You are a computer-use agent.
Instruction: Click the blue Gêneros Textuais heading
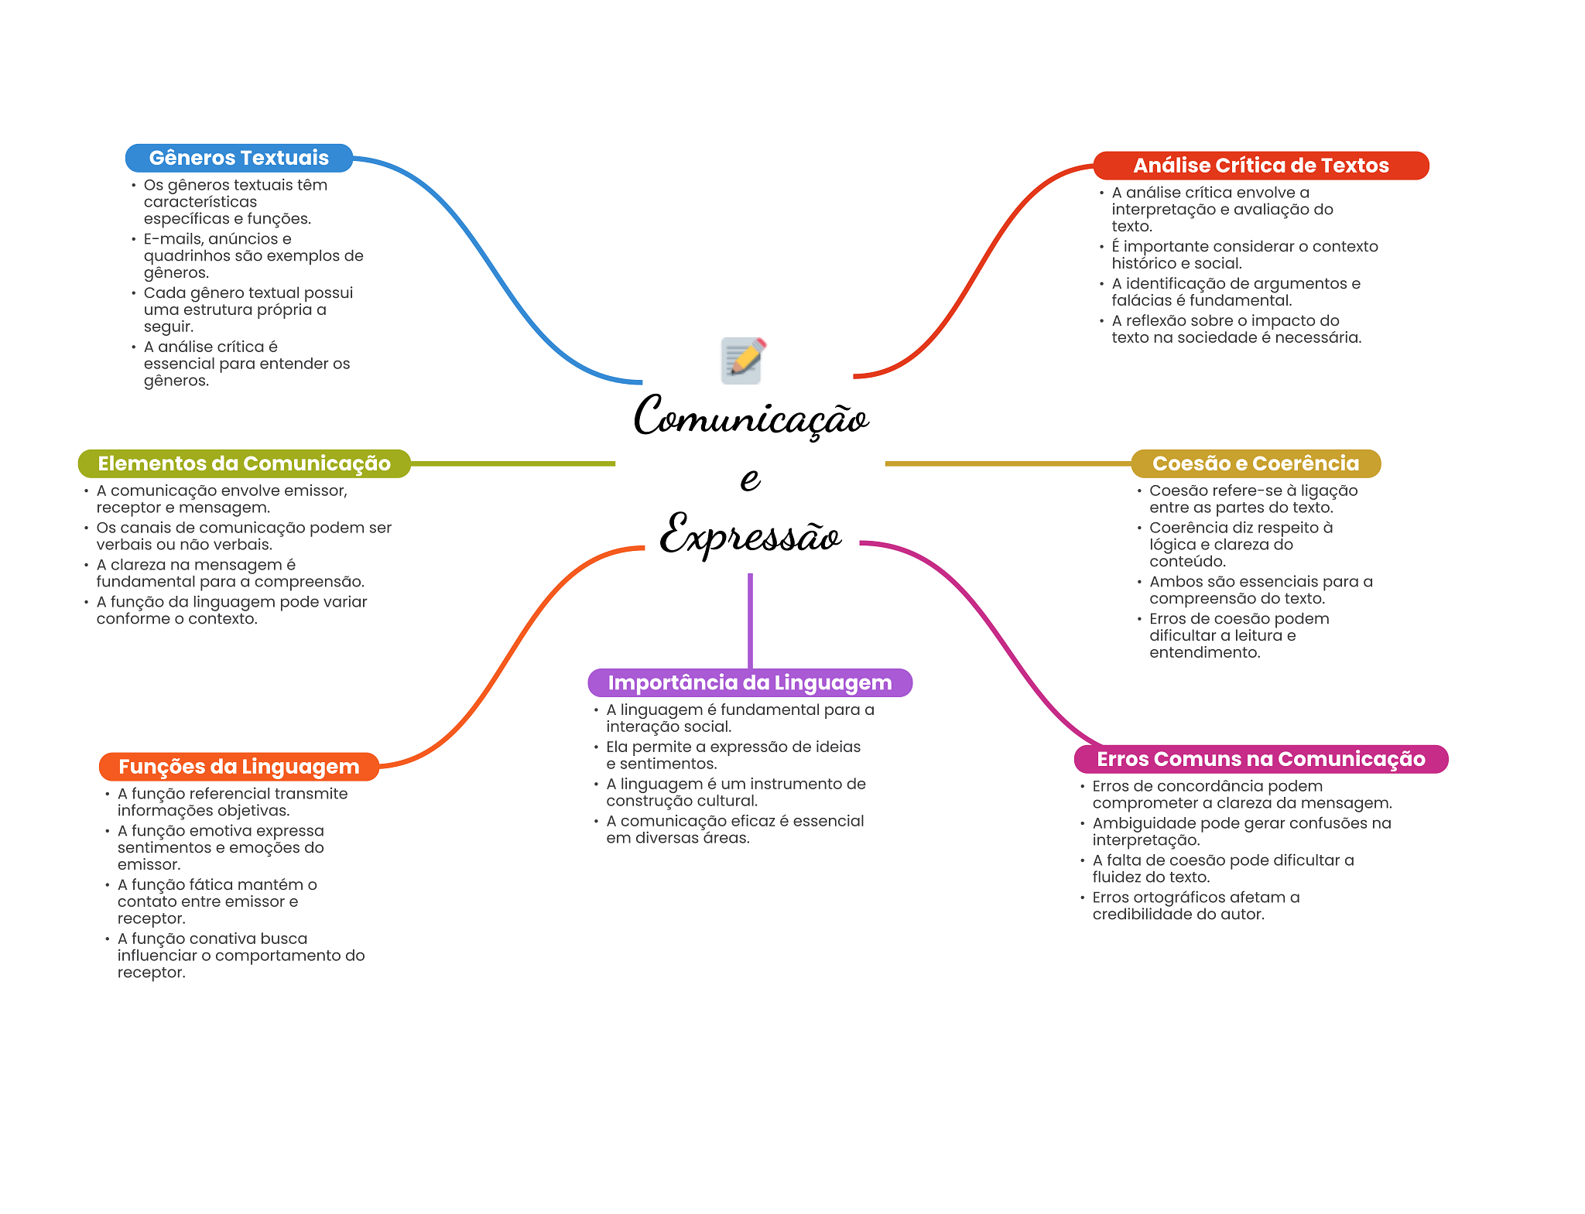(238, 158)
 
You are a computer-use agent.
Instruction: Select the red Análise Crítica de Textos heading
(1260, 166)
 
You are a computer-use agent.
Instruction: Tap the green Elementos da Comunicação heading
(244, 463)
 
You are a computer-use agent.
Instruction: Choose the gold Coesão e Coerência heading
(1255, 463)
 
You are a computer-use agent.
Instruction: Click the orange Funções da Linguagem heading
(238, 767)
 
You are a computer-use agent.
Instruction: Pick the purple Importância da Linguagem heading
(749, 682)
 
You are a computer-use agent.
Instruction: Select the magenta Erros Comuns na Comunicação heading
(1260, 759)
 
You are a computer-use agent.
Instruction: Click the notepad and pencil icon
(743, 361)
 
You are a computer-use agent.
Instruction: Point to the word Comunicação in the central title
(751, 418)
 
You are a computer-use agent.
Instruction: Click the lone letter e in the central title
(750, 479)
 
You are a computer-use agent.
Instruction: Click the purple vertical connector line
(750, 619)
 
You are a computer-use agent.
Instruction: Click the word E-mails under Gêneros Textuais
(173, 239)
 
